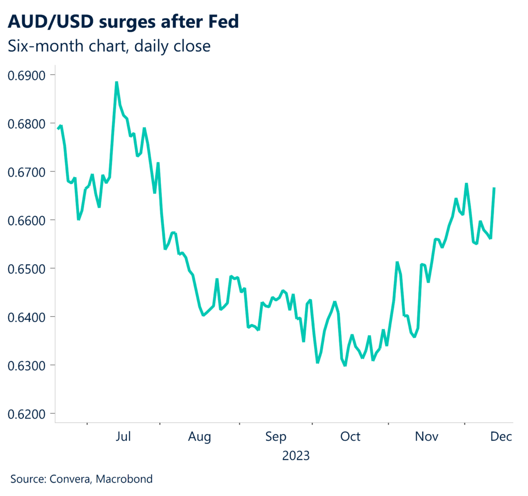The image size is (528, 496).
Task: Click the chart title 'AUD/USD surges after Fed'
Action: (x=123, y=22)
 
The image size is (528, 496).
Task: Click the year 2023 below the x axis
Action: (x=296, y=456)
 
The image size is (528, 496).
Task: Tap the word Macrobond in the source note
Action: (x=127, y=479)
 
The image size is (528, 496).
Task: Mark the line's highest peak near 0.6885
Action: (x=117, y=82)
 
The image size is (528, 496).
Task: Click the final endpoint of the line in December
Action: (x=494, y=189)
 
